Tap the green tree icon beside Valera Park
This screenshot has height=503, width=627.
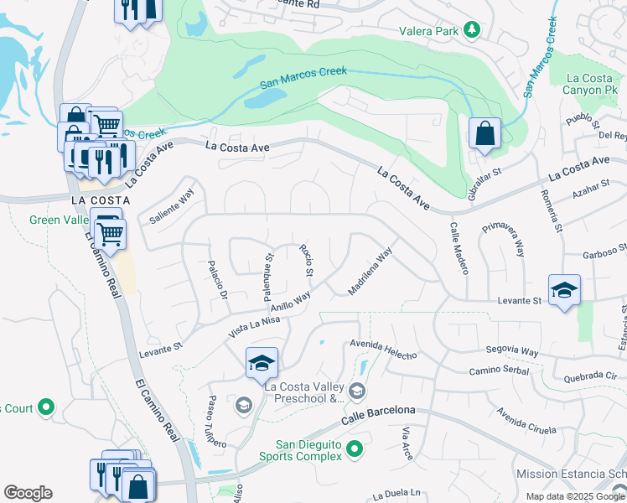(473, 30)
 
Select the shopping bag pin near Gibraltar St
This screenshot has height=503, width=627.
(484, 133)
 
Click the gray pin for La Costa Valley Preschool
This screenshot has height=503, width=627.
(357, 391)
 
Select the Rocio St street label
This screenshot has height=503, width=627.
(306, 261)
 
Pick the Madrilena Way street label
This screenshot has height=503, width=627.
(370, 271)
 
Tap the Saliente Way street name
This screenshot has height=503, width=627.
(171, 206)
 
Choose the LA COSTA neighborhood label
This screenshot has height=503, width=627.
(101, 200)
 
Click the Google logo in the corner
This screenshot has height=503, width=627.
(28, 493)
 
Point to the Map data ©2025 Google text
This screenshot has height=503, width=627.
(575, 496)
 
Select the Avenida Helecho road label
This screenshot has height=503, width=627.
(383, 350)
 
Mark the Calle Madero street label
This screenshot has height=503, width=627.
(458, 248)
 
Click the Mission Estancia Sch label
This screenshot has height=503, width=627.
(570, 474)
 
